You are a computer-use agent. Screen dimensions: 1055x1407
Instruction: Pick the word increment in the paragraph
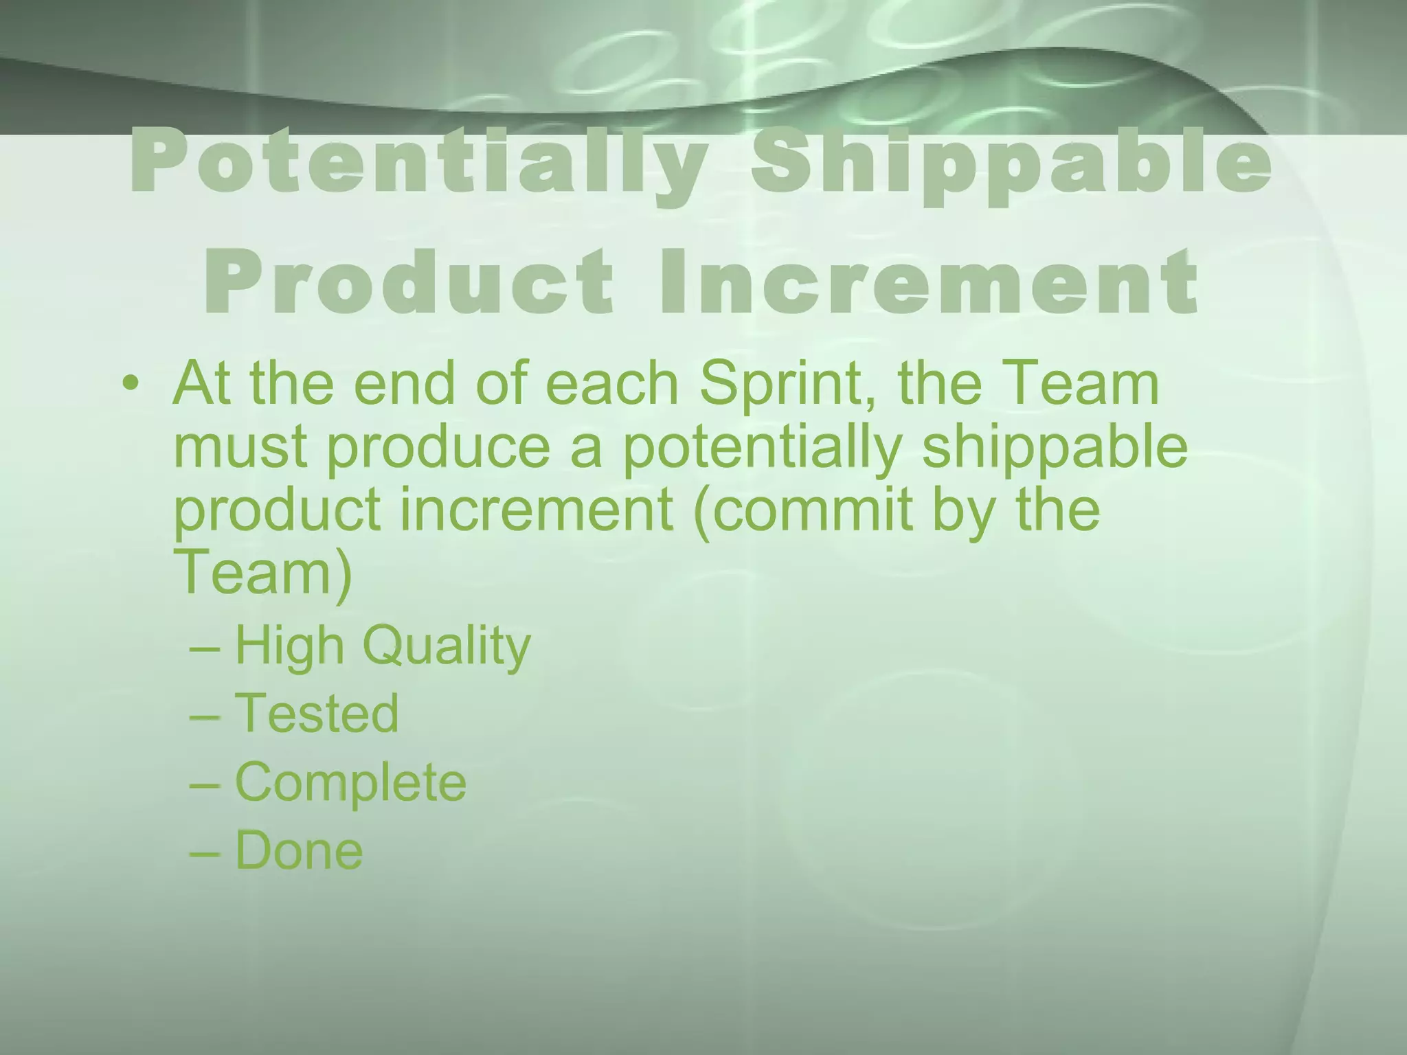(536, 510)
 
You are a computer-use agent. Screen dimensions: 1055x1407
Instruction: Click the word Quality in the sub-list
(447, 646)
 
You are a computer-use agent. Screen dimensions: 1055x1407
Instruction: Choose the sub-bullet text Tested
(317, 713)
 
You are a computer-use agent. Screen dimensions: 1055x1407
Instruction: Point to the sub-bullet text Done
(299, 850)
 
